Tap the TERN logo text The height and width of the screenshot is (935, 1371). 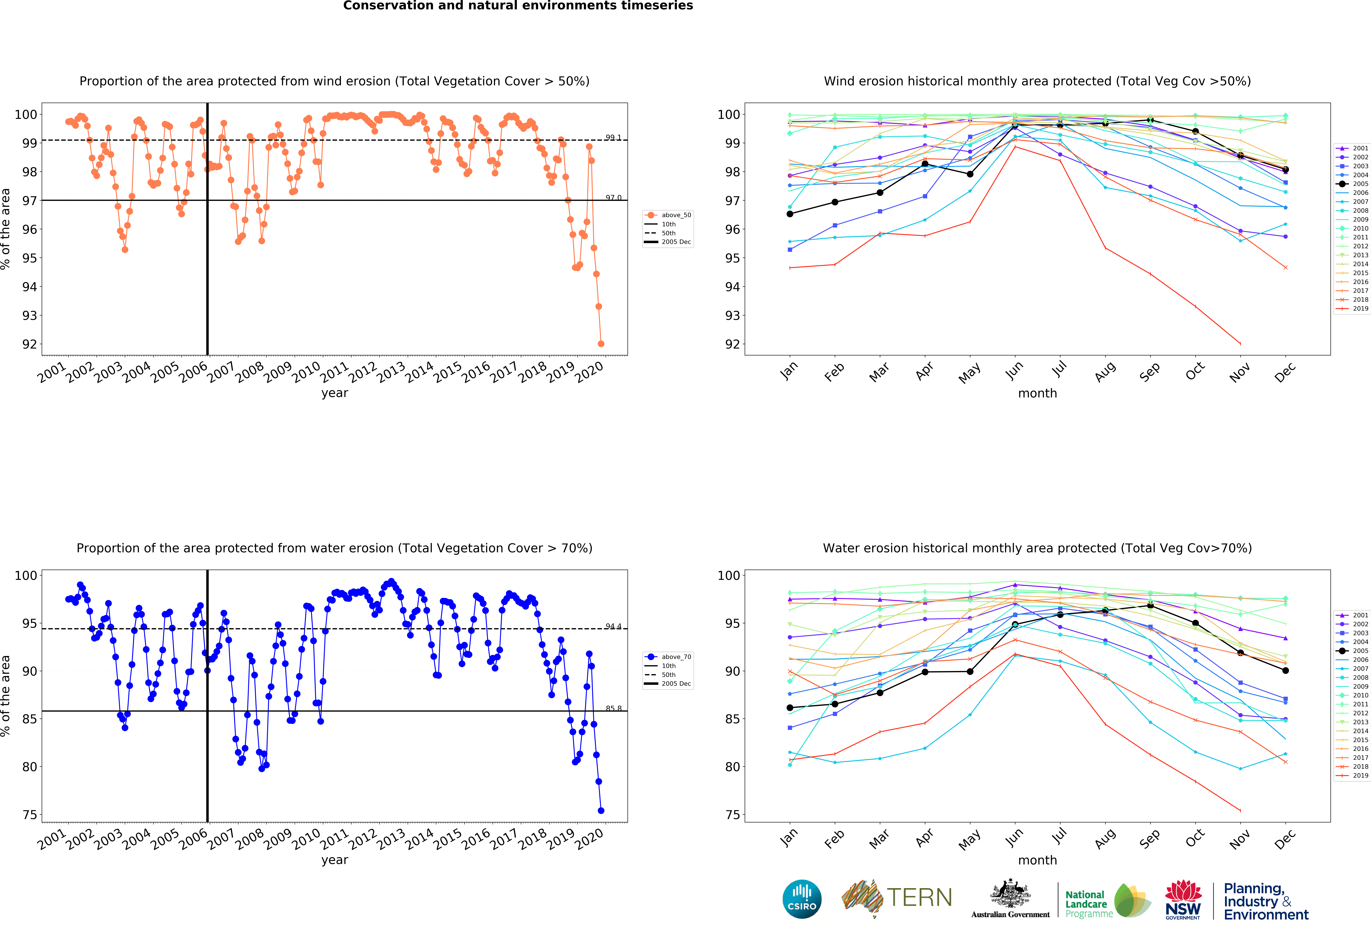[919, 898]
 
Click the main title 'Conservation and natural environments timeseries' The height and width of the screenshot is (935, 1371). [518, 6]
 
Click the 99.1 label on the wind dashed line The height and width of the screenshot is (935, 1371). [613, 138]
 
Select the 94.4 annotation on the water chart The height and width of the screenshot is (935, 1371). [613, 626]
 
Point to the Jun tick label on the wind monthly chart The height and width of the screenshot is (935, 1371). [1014, 370]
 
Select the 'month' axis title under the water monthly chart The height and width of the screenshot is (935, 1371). [1037, 860]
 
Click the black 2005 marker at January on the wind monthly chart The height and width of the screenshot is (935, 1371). [790, 214]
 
